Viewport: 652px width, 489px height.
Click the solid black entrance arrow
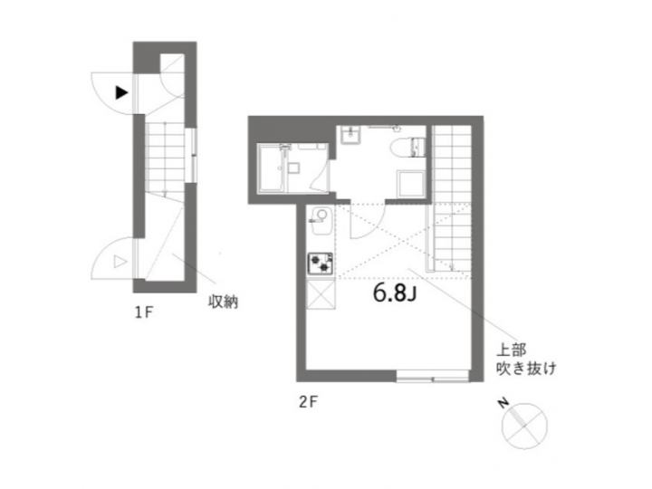click(x=120, y=91)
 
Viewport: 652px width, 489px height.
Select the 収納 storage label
click(x=223, y=301)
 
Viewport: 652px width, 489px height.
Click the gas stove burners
click(x=321, y=264)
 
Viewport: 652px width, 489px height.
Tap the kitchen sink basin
click(x=318, y=217)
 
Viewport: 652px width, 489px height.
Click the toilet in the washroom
click(x=415, y=146)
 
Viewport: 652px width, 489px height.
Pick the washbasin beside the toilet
click(x=351, y=135)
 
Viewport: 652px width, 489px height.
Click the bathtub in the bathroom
click(x=273, y=169)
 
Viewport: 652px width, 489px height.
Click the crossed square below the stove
click(x=321, y=295)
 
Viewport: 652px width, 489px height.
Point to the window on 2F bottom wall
click(x=431, y=375)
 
